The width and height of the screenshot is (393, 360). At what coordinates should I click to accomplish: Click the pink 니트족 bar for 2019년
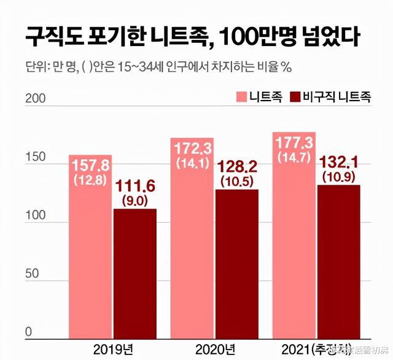(90, 245)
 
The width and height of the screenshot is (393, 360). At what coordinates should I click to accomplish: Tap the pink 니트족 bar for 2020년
(192, 245)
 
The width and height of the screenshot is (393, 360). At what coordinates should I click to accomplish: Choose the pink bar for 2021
(294, 245)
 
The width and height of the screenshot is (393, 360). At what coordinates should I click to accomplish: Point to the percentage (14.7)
(294, 158)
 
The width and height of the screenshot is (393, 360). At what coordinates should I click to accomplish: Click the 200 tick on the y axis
(35, 99)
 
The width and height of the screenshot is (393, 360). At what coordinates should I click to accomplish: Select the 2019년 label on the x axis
(114, 349)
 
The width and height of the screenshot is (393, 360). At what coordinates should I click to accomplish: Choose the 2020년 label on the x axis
(216, 349)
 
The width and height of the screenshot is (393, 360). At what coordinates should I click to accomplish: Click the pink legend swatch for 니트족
(241, 98)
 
